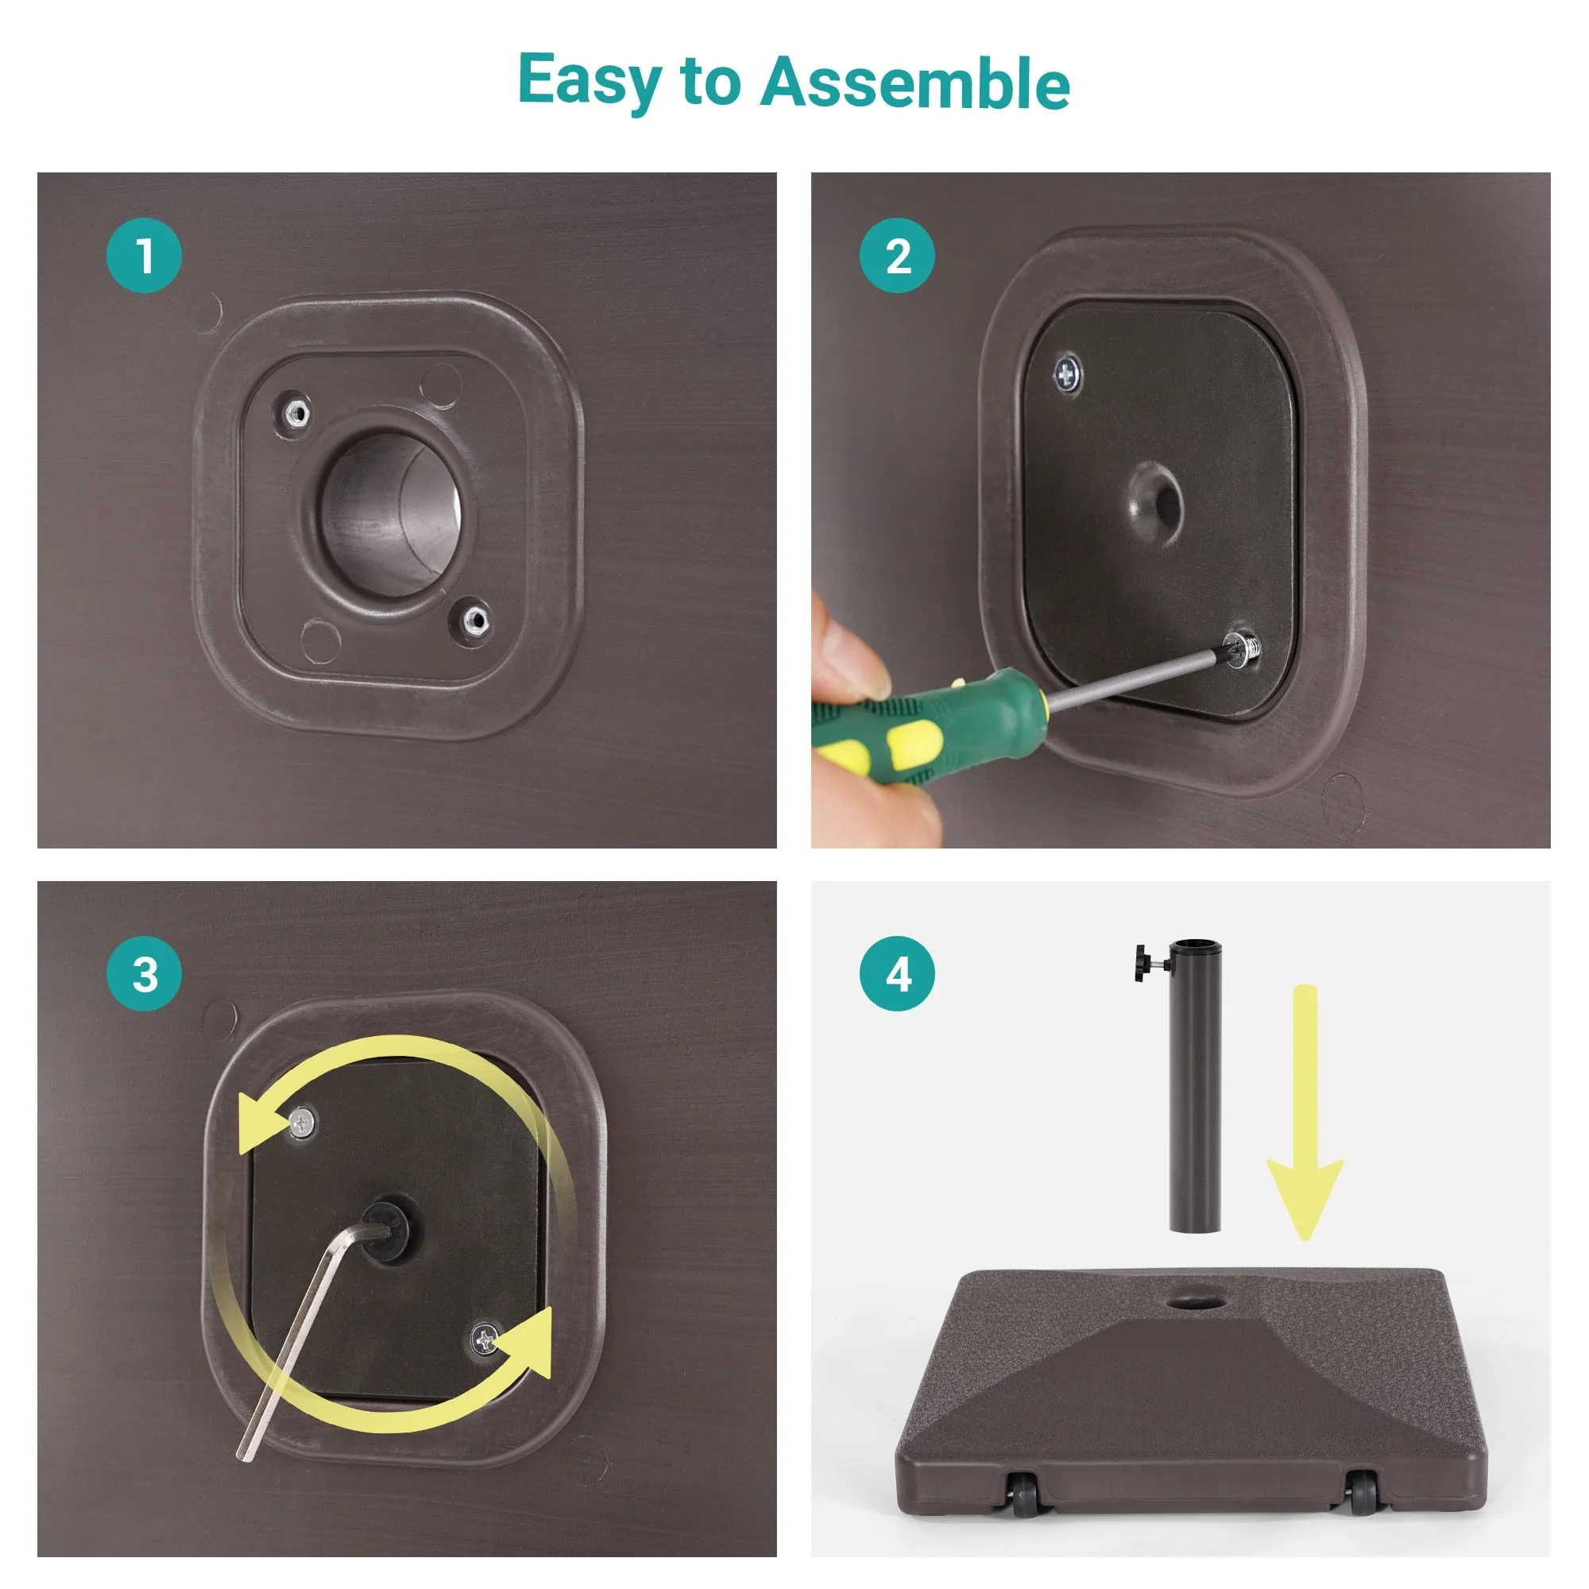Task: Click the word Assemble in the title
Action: click(914, 83)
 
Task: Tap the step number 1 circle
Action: click(144, 255)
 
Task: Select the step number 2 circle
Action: click(897, 255)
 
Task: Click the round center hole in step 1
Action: click(389, 515)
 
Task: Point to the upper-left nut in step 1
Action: click(296, 412)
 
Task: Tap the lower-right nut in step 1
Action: click(474, 620)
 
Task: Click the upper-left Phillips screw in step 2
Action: click(1068, 375)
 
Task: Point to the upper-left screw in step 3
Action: click(302, 1121)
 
